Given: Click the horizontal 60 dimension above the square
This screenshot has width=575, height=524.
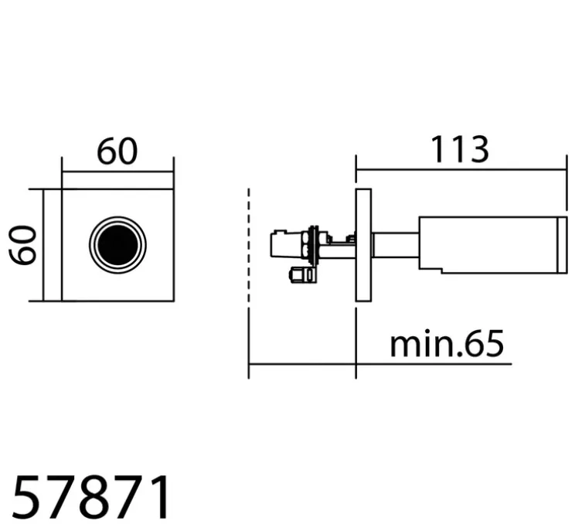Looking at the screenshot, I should pos(117,152).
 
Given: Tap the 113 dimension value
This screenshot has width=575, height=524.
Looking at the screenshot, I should pos(460,149).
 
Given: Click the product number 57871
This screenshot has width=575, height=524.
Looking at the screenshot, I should pos(92,498).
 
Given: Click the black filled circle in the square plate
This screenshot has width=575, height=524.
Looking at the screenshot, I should pos(117,244).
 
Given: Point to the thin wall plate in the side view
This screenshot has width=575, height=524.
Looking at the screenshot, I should pos(363,245).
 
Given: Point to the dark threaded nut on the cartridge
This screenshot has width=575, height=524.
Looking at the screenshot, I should pos(311,246).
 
